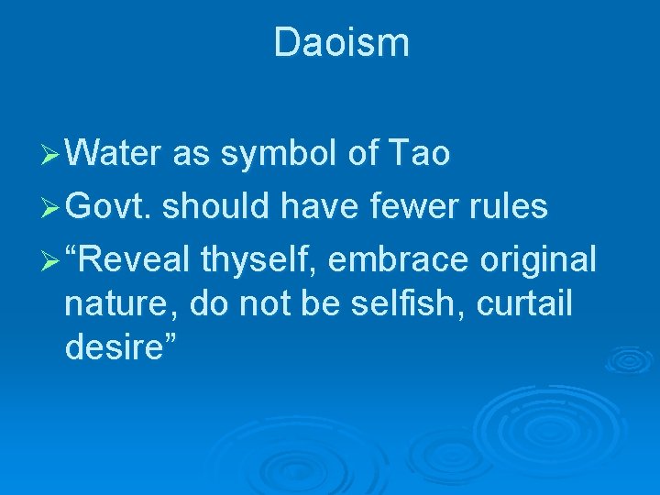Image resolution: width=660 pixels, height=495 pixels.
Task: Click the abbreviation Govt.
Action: click(110, 206)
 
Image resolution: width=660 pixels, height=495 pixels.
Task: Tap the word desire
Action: click(113, 346)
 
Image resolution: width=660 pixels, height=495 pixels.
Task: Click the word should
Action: click(217, 206)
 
